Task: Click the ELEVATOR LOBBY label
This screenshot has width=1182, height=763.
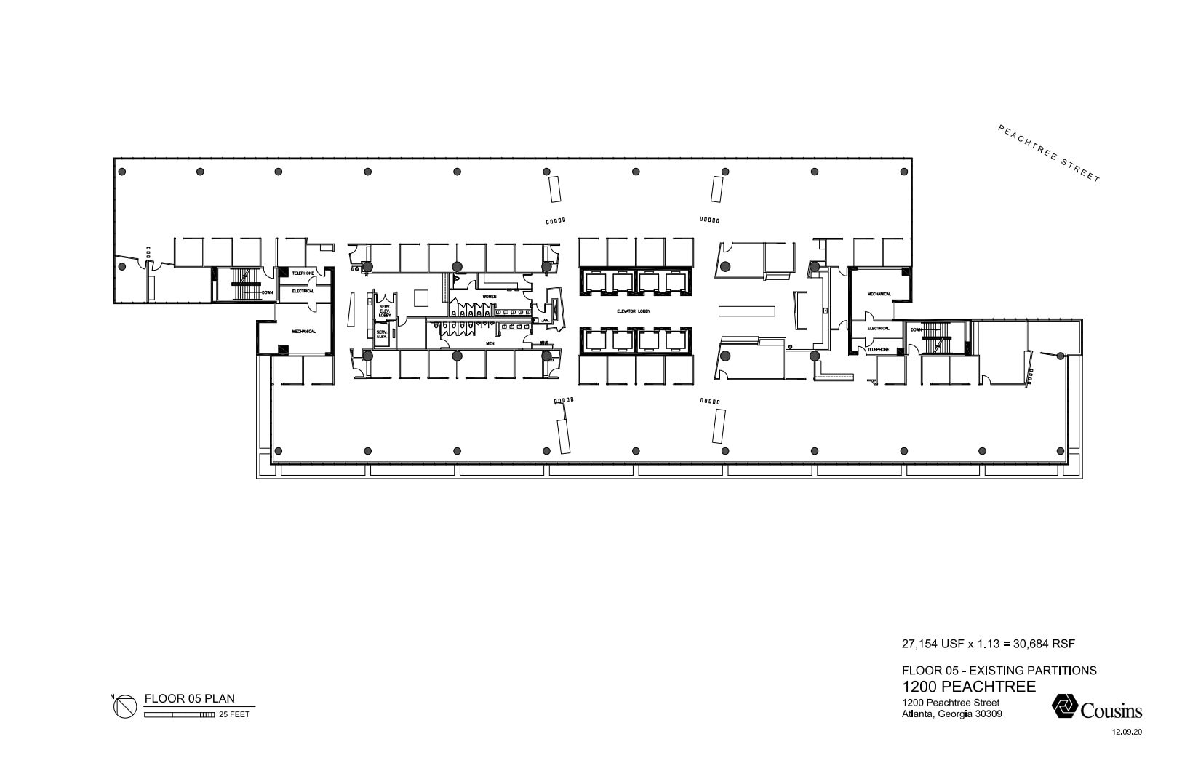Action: click(634, 311)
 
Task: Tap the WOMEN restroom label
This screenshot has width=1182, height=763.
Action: click(490, 297)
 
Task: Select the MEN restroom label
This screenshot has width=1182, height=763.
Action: click(490, 343)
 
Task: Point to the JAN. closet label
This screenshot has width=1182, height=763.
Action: click(543, 320)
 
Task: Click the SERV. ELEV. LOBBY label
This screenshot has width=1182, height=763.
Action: click(385, 311)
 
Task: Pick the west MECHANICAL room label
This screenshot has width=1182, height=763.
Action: click(303, 332)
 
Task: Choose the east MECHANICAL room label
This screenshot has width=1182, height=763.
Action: click(879, 294)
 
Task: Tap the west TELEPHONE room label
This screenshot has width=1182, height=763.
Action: click(303, 273)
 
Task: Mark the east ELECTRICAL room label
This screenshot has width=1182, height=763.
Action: click(878, 328)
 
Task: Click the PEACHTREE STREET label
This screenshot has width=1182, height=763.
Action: click(1048, 153)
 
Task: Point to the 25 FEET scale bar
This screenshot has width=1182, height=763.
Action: click(179, 715)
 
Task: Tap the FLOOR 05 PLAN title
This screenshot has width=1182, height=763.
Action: click(190, 699)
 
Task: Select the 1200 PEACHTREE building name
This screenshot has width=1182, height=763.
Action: click(968, 687)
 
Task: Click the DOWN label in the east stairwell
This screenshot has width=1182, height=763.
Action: click(916, 329)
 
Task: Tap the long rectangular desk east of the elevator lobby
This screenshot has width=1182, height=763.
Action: click(746, 311)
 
